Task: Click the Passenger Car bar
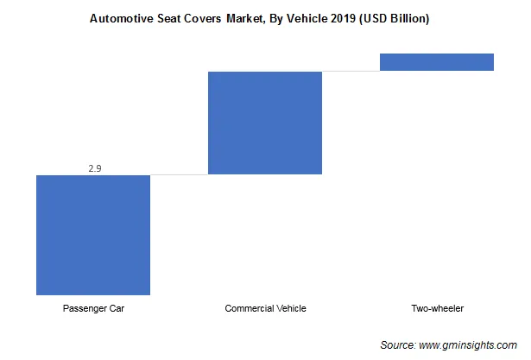pyautogui.click(x=92, y=235)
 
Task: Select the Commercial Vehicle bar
pyautogui.click(x=264, y=123)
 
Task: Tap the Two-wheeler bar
pyautogui.click(x=436, y=62)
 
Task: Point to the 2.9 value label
pyautogui.click(x=95, y=167)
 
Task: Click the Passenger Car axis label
pyautogui.click(x=92, y=308)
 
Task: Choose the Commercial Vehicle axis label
pyautogui.click(x=265, y=308)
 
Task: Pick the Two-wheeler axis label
pyautogui.click(x=437, y=308)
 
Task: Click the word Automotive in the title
pyautogui.click(x=121, y=16)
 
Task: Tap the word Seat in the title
pyautogui.click(x=170, y=16)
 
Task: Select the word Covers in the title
pyautogui.click(x=206, y=16)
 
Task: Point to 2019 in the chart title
pyautogui.click(x=338, y=16)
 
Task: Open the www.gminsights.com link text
pyautogui.click(x=470, y=344)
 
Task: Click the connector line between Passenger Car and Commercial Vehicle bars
pyautogui.click(x=179, y=174)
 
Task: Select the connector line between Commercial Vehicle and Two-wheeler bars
pyautogui.click(x=351, y=71)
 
